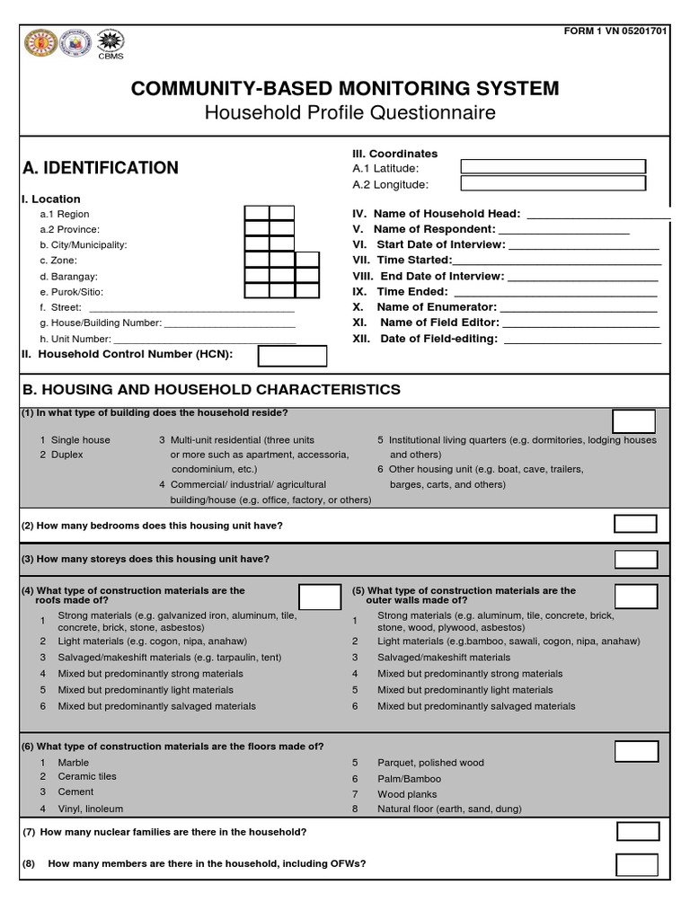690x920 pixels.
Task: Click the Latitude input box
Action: (x=553, y=166)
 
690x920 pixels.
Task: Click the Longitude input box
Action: (x=553, y=183)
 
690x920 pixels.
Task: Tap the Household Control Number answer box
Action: (x=292, y=356)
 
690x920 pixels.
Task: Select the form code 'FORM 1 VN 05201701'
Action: (x=615, y=32)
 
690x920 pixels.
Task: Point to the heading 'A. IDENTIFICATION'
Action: (x=100, y=168)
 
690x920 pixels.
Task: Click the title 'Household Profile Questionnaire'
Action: (x=349, y=113)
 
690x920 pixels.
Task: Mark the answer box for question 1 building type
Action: (x=634, y=420)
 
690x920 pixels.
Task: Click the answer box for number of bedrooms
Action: (x=635, y=524)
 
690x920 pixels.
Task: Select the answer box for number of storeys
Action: (x=635, y=559)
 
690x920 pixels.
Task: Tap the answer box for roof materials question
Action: (x=319, y=597)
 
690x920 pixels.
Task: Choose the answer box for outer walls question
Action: (x=636, y=596)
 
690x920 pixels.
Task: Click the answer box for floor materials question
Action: (x=636, y=751)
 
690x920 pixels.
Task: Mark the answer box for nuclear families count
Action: (x=637, y=832)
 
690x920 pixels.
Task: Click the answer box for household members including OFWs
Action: (x=637, y=864)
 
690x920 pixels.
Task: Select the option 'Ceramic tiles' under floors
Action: (x=87, y=776)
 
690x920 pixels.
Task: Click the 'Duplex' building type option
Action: (x=66, y=455)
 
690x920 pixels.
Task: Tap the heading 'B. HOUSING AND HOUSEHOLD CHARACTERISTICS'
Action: (x=211, y=389)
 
